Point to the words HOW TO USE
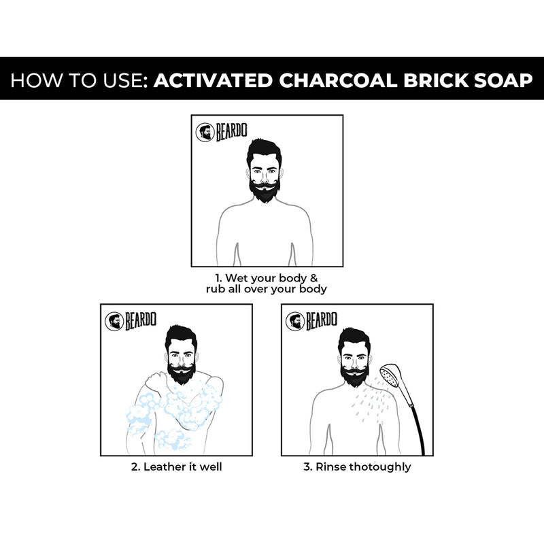point(78,80)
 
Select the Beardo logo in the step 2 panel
point(133,320)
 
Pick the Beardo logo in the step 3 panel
point(313,320)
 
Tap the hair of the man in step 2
point(180,338)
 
